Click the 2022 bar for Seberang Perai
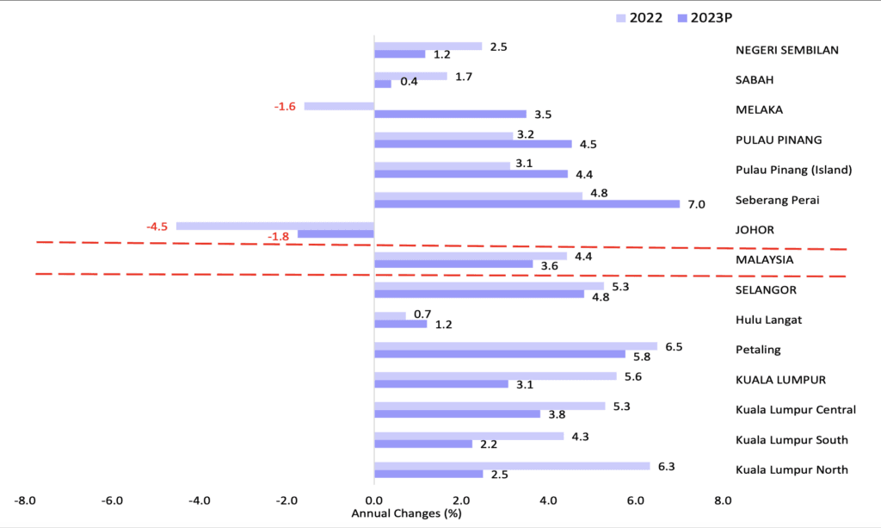click(x=478, y=196)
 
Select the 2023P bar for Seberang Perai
click(x=527, y=204)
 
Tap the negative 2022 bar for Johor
click(x=274, y=226)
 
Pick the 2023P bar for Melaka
click(x=450, y=114)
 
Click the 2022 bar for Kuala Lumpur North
click(x=512, y=466)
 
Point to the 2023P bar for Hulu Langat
click(x=400, y=324)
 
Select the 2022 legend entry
click(x=639, y=17)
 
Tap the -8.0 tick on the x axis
click(x=25, y=500)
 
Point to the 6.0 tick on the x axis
click(x=635, y=500)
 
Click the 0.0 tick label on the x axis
click(x=373, y=500)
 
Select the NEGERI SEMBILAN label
click(x=786, y=50)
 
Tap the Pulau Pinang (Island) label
click(x=793, y=170)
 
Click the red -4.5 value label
click(x=157, y=227)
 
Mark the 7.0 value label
click(x=696, y=204)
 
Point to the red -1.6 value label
click(x=285, y=106)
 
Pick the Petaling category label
click(x=759, y=350)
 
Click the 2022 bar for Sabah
click(x=410, y=76)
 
